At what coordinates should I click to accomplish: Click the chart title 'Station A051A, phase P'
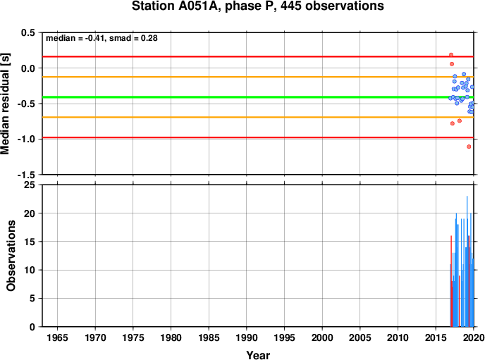coord(202,6)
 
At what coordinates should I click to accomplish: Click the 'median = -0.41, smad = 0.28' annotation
coord(102,38)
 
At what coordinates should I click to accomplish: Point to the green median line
coord(258,97)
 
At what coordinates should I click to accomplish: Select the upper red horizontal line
coord(258,56)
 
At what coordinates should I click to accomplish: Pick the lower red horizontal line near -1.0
coord(258,137)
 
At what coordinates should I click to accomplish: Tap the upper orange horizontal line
coord(258,77)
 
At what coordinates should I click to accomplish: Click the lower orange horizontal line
coord(258,117)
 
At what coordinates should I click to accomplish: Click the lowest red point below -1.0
coord(469,147)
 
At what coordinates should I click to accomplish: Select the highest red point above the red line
coord(451,55)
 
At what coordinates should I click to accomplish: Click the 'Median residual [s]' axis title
coord(5,104)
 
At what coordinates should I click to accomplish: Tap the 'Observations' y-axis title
coord(11,256)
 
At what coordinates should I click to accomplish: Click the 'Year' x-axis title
coord(258,355)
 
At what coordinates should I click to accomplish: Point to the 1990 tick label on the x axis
coord(247,337)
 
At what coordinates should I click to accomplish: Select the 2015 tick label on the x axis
coord(436,337)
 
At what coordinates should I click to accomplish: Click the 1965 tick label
coord(57,337)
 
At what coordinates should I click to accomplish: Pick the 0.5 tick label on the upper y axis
coord(27,32)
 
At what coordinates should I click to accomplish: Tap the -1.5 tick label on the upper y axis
coord(26,175)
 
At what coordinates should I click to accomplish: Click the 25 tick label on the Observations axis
coord(30,185)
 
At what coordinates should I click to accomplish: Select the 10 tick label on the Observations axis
coord(30,270)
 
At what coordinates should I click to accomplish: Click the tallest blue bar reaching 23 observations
coord(467,261)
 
